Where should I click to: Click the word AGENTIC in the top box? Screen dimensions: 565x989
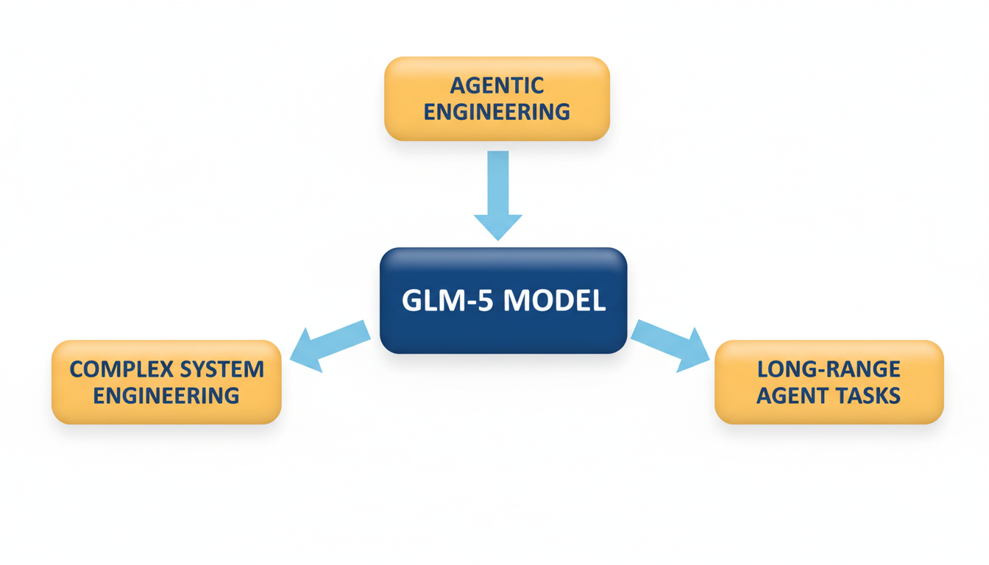point(497,85)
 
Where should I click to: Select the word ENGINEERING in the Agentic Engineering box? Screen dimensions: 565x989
point(497,112)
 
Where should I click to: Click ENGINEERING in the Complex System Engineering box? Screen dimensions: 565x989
point(166,395)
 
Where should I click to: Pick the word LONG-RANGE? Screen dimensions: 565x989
point(829,369)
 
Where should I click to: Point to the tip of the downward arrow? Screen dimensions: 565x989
point(498,238)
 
